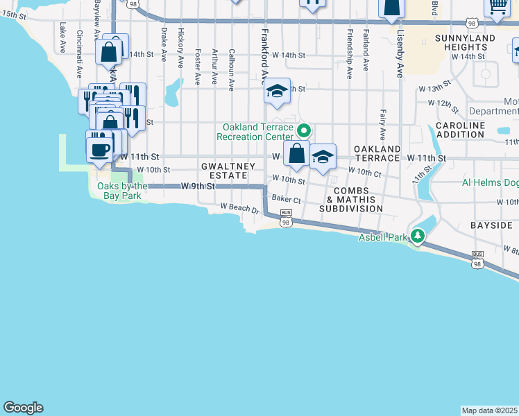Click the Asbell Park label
click(382, 237)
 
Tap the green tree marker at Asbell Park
click(418, 236)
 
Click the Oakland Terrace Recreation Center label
click(255, 132)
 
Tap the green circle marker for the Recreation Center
click(304, 130)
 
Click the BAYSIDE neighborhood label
click(491, 225)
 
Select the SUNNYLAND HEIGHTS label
click(466, 42)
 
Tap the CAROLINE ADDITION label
click(460, 130)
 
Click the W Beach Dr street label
click(239, 207)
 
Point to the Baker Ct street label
click(286, 199)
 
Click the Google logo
click(23, 408)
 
